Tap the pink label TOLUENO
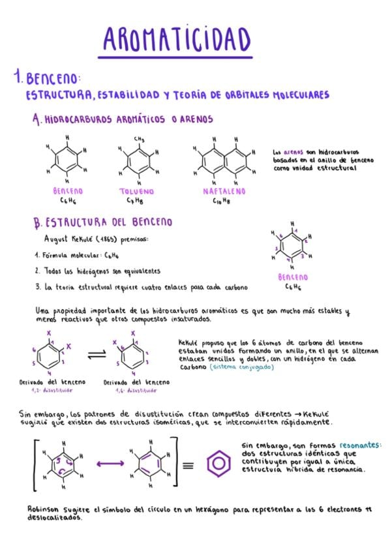tap(137, 192)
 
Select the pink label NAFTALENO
tap(224, 192)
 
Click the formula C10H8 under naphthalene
tap(221, 202)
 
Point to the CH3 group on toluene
tap(139, 139)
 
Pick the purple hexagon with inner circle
tap(219, 464)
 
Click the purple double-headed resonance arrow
tap(110, 464)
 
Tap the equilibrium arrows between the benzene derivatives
tap(96, 354)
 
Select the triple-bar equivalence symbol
tap(188, 465)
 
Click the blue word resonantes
tap(356, 446)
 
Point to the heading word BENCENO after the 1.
tap(53, 80)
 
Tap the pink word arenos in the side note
tap(292, 151)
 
